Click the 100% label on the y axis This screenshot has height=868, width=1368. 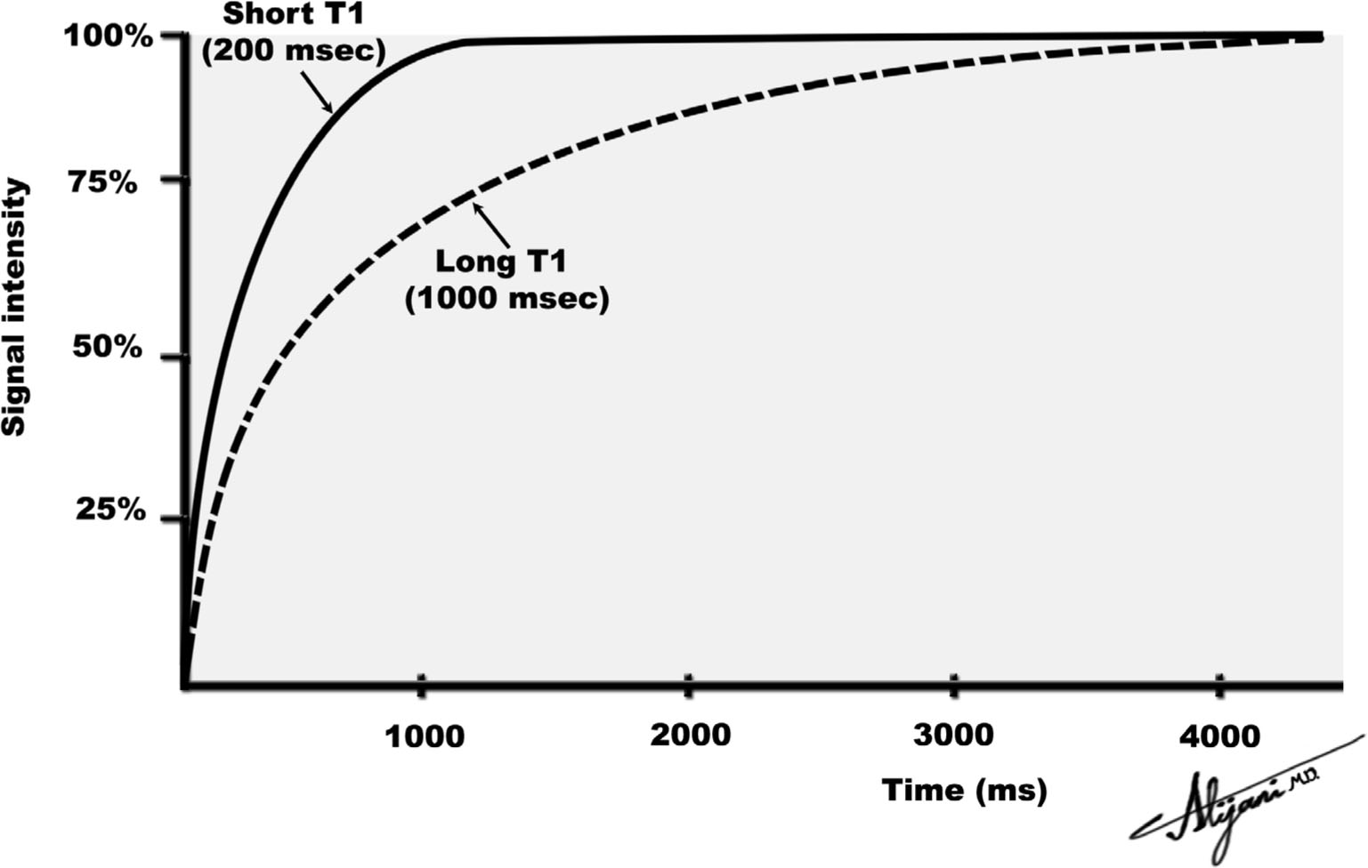[109, 38]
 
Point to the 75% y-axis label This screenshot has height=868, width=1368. [104, 184]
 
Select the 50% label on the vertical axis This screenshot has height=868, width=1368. [108, 348]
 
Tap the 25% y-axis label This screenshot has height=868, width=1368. [110, 510]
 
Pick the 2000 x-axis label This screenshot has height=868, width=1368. [690, 735]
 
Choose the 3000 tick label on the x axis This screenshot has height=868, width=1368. [954, 735]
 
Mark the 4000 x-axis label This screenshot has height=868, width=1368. [1220, 736]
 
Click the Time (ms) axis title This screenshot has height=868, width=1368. [964, 790]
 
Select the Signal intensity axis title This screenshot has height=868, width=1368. [15, 307]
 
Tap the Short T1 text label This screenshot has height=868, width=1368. [293, 15]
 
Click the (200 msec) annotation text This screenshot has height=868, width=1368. [294, 52]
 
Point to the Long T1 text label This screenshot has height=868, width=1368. [500, 262]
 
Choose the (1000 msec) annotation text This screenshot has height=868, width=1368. [507, 299]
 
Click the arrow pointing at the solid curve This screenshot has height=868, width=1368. [317, 92]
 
